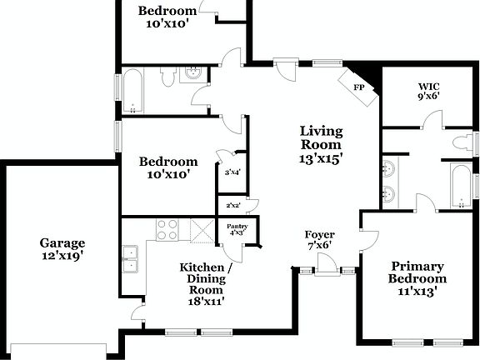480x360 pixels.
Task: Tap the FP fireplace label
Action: pos(359,87)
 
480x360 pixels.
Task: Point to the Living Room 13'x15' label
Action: pos(322,143)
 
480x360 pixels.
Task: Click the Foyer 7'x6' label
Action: pos(320,241)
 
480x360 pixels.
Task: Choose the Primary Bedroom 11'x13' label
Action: pos(417,278)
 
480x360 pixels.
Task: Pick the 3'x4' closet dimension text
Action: pos(232,173)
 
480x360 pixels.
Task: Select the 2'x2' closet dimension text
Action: pos(232,205)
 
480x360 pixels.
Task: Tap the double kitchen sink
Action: pos(130,259)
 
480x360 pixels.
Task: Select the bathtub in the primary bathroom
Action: pos(462,186)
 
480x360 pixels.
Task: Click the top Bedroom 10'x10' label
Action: pos(168,17)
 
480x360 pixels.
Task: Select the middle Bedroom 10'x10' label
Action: pos(168,168)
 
